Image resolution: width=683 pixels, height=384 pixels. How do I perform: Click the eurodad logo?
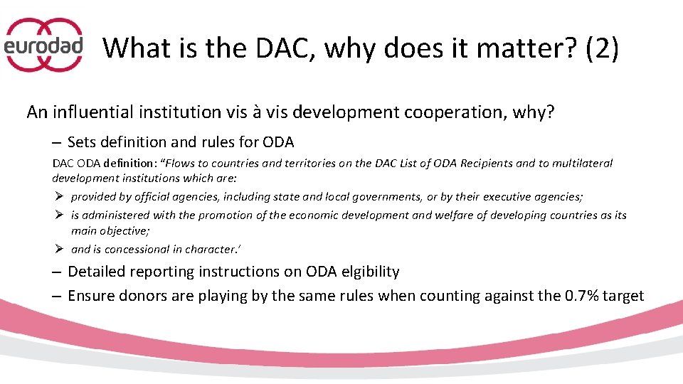click(x=44, y=46)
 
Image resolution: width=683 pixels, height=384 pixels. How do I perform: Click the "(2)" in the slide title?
click(x=602, y=48)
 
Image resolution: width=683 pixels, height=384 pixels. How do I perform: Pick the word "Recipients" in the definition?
click(x=487, y=163)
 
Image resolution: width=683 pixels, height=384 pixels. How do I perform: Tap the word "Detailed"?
click(x=97, y=272)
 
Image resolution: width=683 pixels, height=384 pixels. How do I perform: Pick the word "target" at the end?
click(x=624, y=296)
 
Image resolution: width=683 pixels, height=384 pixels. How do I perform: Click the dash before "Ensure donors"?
click(x=56, y=296)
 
